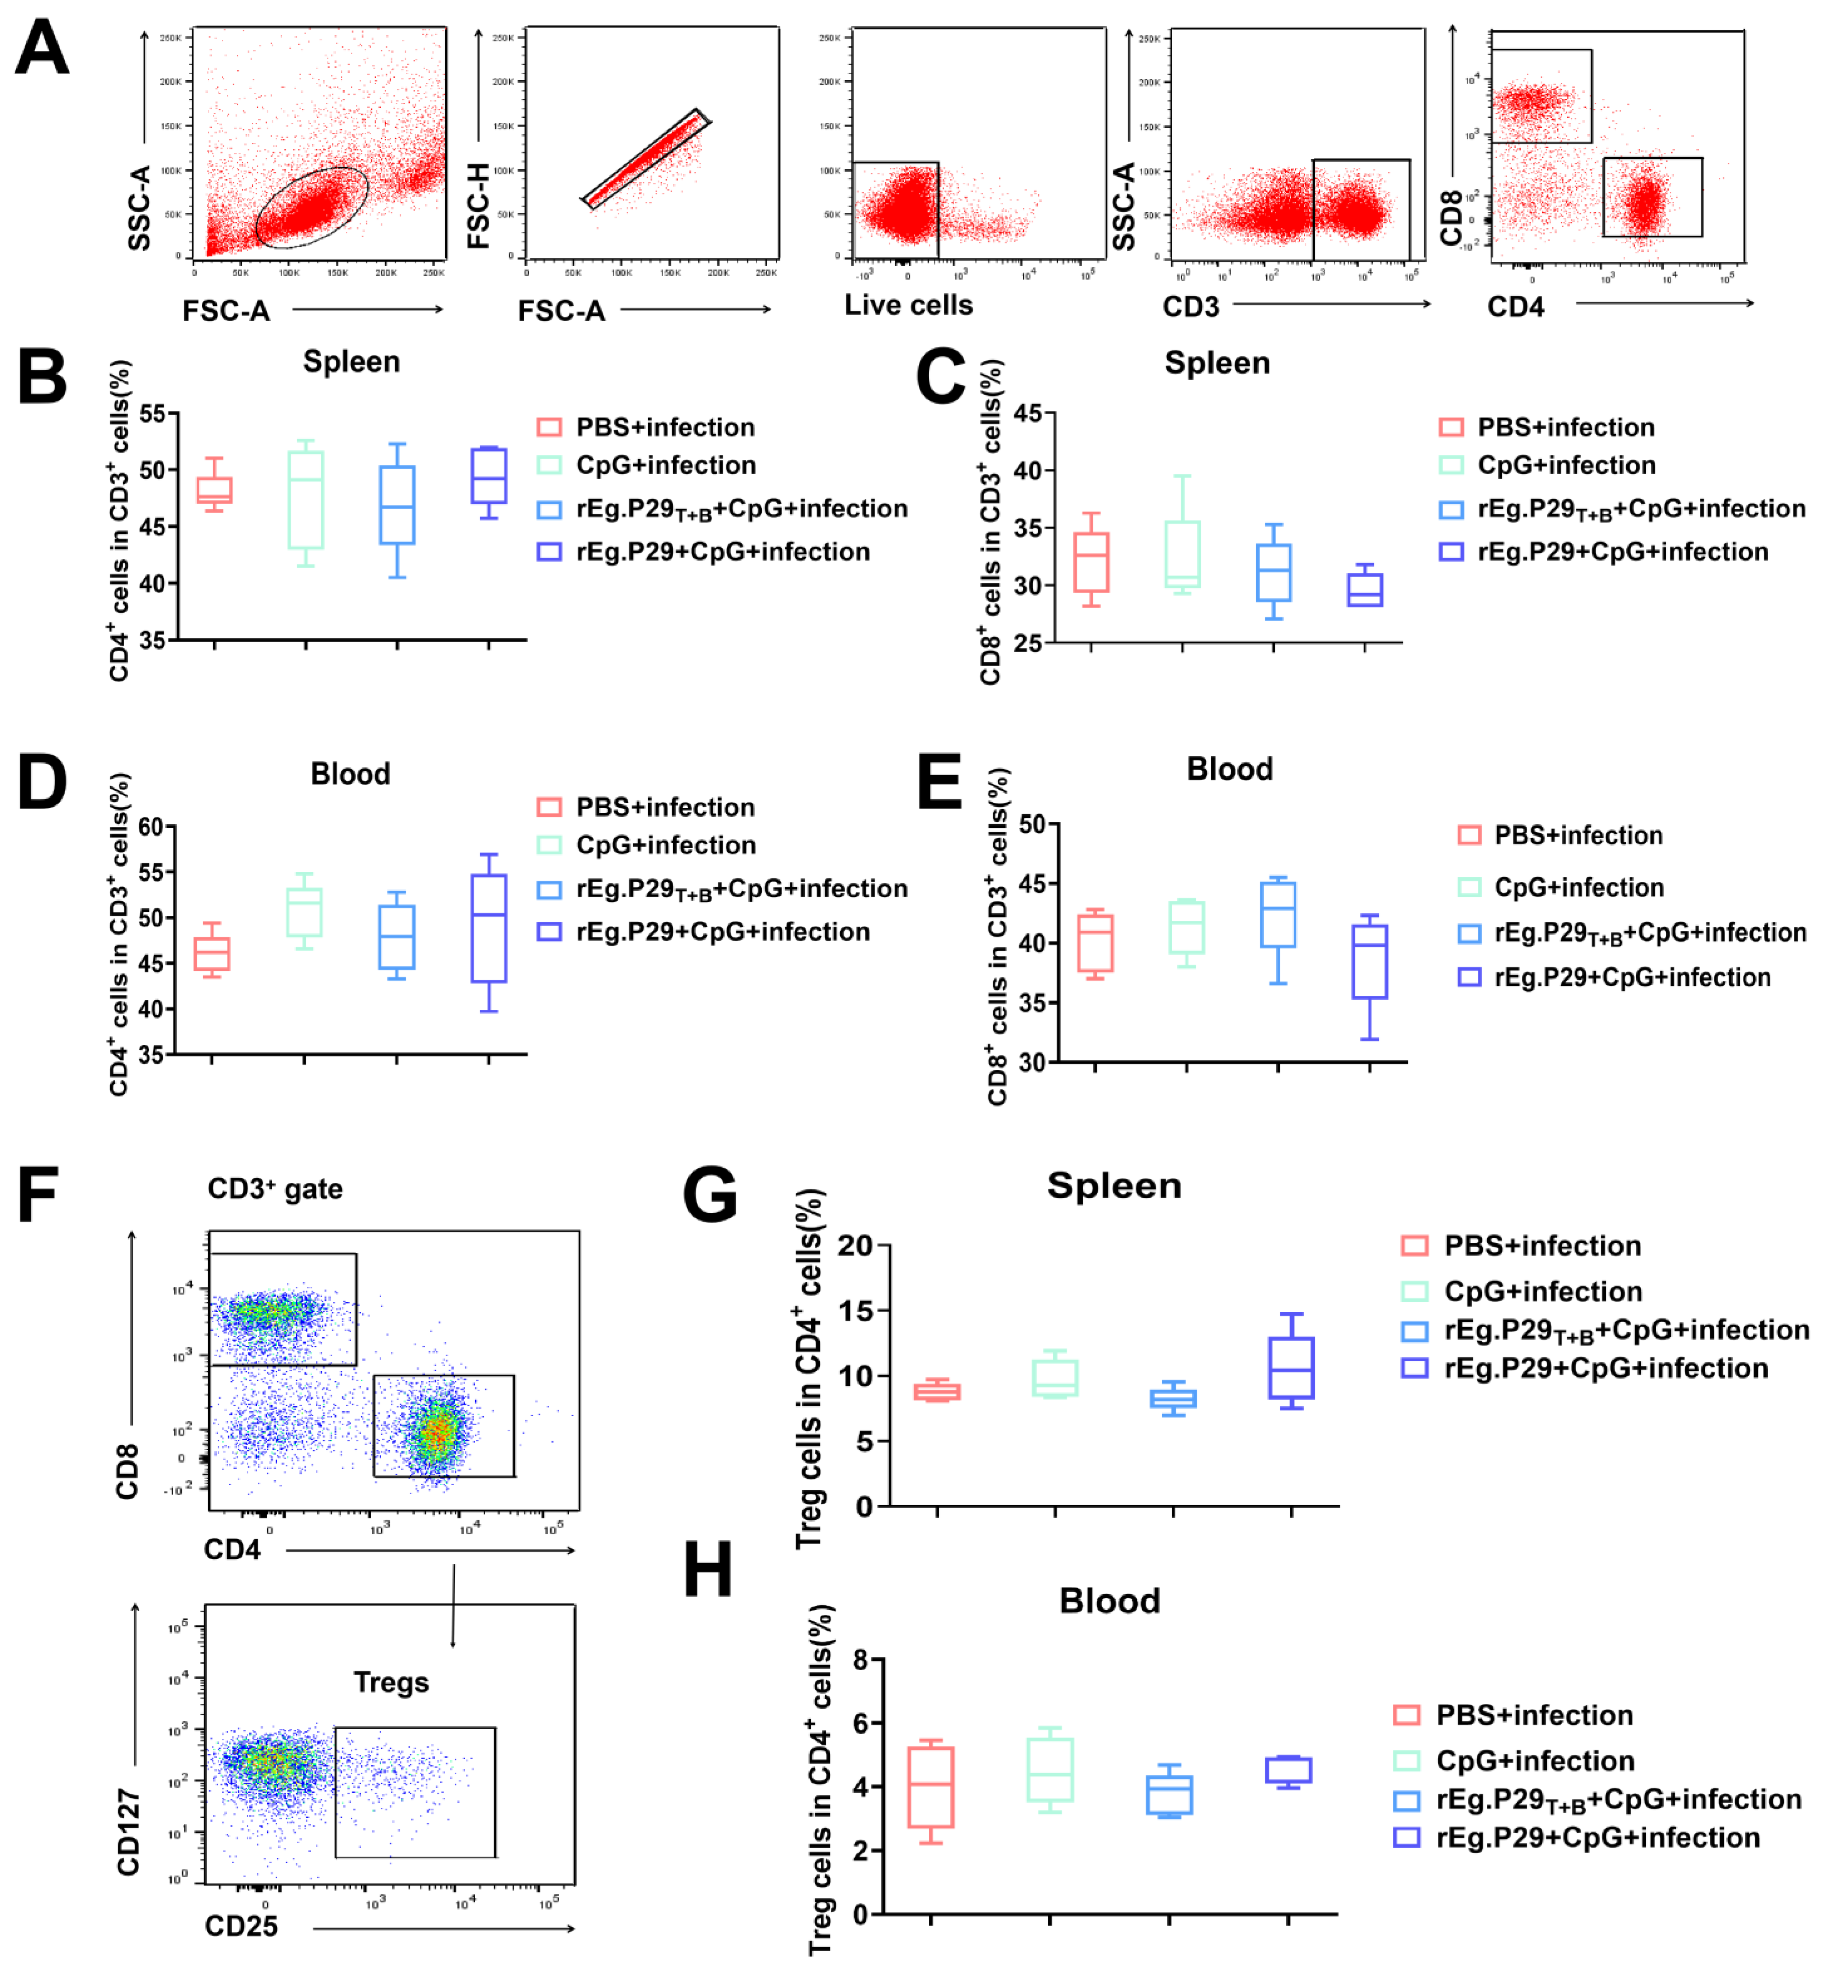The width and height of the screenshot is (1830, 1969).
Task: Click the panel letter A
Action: pos(42,48)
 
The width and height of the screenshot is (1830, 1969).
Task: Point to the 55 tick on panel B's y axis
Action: pos(152,414)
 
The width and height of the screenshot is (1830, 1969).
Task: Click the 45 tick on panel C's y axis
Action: pos(1027,414)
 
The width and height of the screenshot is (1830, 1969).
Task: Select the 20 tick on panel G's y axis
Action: pos(856,1246)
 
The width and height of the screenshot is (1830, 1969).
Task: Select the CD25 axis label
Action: pos(241,1926)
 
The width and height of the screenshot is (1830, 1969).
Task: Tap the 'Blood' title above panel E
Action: pos(1229,770)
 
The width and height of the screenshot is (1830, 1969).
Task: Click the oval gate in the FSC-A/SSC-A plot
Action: pos(312,207)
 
